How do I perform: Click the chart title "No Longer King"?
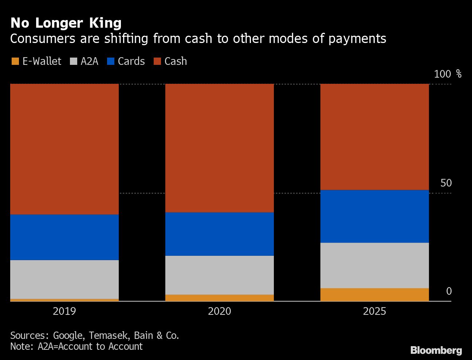point(66,23)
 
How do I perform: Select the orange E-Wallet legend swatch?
point(15,61)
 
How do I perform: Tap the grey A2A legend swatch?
point(74,61)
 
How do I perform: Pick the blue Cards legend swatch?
point(111,61)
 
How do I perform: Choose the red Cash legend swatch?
point(157,61)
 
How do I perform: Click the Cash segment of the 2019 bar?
point(64,149)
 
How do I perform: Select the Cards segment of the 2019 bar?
point(64,237)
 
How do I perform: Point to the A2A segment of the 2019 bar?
point(64,279)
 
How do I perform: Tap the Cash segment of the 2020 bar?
point(220,148)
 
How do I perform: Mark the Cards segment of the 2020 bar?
point(220,234)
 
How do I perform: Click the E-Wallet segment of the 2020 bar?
point(220,298)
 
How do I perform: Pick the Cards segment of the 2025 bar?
point(374,216)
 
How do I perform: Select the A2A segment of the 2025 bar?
point(374,265)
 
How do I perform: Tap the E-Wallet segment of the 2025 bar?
point(374,295)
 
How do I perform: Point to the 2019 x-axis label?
point(64,311)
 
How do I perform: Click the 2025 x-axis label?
point(374,311)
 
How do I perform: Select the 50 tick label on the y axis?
point(446,183)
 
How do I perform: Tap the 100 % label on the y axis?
point(448,74)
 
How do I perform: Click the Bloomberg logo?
point(436,351)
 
